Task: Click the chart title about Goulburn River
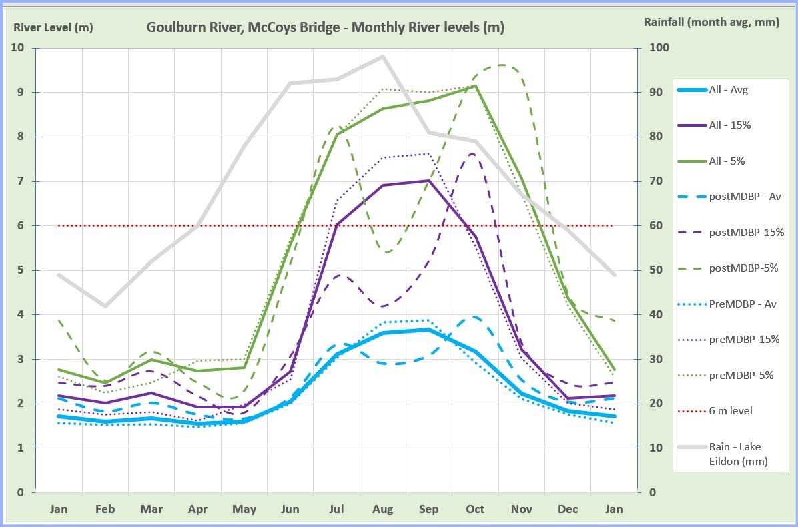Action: click(325, 27)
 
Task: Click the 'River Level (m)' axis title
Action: click(53, 27)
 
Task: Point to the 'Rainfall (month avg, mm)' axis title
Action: click(711, 22)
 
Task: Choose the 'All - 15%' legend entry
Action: click(732, 125)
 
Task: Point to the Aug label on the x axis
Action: click(382, 510)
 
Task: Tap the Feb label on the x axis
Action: click(105, 510)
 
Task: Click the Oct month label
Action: click(475, 510)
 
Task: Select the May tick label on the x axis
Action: click(244, 510)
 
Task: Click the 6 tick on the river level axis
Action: click(21, 226)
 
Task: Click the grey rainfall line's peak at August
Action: click(383, 56)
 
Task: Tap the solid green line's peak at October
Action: click(475, 86)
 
